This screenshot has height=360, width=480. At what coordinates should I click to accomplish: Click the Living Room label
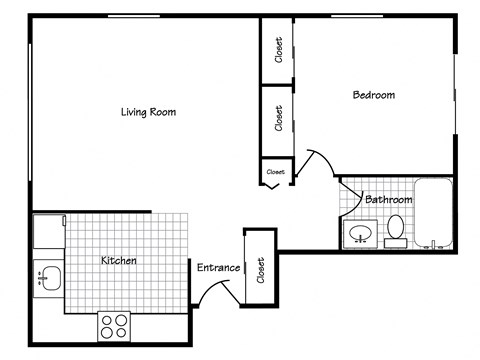point(148,112)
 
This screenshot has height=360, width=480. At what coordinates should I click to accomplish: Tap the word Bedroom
point(374,95)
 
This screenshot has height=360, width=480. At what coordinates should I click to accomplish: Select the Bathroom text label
point(389,199)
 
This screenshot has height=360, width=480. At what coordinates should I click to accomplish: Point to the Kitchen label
point(119,260)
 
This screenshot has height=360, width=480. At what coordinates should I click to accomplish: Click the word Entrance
point(218,267)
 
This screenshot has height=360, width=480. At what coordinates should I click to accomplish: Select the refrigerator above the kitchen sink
point(48,232)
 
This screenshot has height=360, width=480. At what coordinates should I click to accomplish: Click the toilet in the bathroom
point(395,229)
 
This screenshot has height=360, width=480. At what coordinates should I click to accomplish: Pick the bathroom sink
point(359,235)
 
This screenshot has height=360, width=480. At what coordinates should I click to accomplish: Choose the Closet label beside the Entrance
point(260,269)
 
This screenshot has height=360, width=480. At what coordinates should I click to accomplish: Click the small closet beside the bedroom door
point(275,172)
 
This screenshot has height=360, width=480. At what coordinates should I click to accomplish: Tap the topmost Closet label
point(278,50)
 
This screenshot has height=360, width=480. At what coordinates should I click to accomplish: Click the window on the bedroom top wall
point(363,16)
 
